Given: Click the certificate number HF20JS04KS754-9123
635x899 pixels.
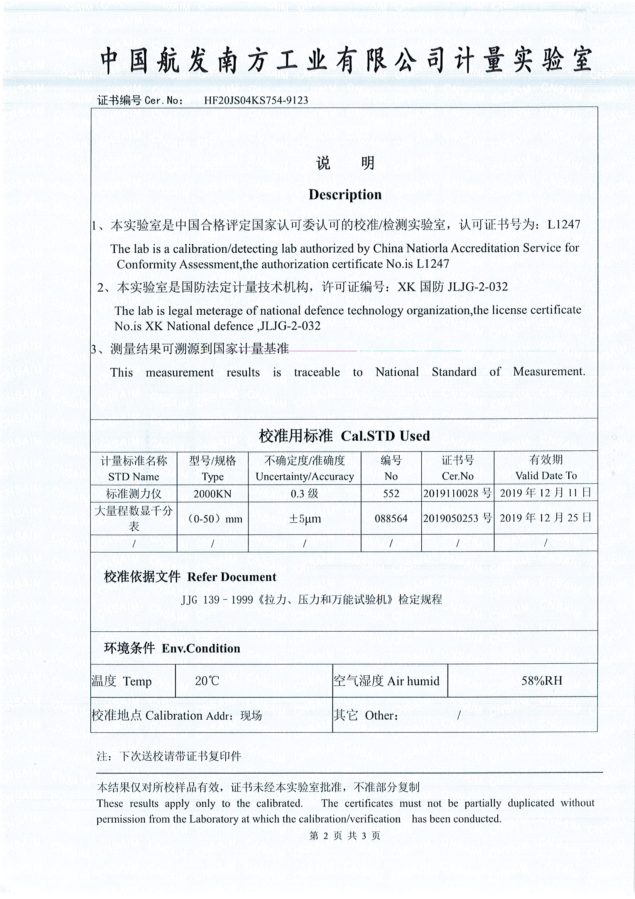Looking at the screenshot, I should click(256, 100).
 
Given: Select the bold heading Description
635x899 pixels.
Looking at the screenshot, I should click(345, 195).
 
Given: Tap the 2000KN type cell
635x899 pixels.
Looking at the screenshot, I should click(212, 494).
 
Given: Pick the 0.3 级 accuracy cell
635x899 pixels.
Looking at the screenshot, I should click(304, 494).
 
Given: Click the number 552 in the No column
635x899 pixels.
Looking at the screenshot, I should click(391, 493).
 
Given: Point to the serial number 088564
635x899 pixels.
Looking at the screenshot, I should click(391, 519).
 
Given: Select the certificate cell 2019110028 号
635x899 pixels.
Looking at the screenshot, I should click(457, 493).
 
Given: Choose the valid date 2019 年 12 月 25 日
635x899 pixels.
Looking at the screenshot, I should click(545, 518).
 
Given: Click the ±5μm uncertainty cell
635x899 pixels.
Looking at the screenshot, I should click(304, 519).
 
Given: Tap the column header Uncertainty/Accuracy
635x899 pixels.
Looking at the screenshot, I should click(304, 477).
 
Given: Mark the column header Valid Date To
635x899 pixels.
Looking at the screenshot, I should click(545, 476).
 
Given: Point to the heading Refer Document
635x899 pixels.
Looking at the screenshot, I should click(231, 577).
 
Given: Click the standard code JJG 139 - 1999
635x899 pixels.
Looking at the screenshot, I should click(217, 600).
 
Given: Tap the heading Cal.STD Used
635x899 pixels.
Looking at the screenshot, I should click(385, 436).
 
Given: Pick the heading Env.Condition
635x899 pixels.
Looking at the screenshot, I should click(201, 648).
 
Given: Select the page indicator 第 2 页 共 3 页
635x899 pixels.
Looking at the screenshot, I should click(345, 836).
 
